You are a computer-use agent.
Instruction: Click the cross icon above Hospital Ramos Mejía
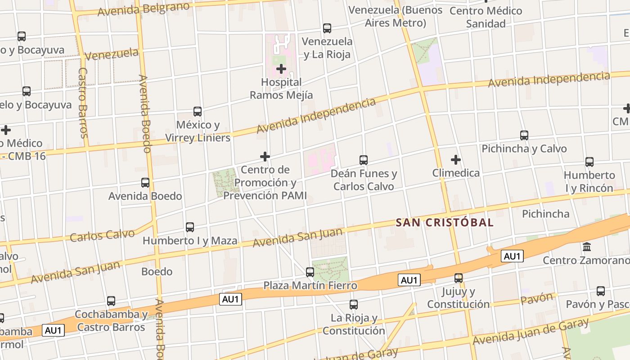(x=281, y=69)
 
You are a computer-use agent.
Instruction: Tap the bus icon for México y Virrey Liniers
(x=197, y=111)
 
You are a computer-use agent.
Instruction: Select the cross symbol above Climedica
(x=456, y=159)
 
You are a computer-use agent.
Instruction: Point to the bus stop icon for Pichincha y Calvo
(x=524, y=135)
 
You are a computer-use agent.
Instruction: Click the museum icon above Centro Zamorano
(x=587, y=247)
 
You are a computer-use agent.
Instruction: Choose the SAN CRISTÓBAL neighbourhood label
(x=445, y=222)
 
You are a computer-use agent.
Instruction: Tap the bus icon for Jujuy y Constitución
(x=459, y=278)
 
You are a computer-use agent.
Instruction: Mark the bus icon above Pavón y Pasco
(x=601, y=291)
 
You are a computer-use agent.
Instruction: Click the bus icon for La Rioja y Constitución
(x=354, y=305)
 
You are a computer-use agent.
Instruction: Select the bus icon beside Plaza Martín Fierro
(x=310, y=272)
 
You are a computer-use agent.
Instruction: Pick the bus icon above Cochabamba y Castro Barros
(x=111, y=301)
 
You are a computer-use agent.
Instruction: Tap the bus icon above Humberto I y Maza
(x=190, y=227)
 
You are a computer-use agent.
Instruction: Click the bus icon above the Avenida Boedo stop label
(x=145, y=182)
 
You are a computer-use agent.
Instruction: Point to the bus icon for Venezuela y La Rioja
(x=327, y=28)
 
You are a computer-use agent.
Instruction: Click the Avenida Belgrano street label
(x=143, y=8)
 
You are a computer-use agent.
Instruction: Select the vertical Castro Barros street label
(x=83, y=103)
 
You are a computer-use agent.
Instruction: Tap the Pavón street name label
(x=536, y=298)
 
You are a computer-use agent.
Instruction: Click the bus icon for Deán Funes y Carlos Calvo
(x=364, y=160)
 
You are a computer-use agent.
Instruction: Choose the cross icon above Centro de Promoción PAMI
(x=265, y=156)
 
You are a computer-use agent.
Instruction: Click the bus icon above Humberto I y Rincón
(x=589, y=162)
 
